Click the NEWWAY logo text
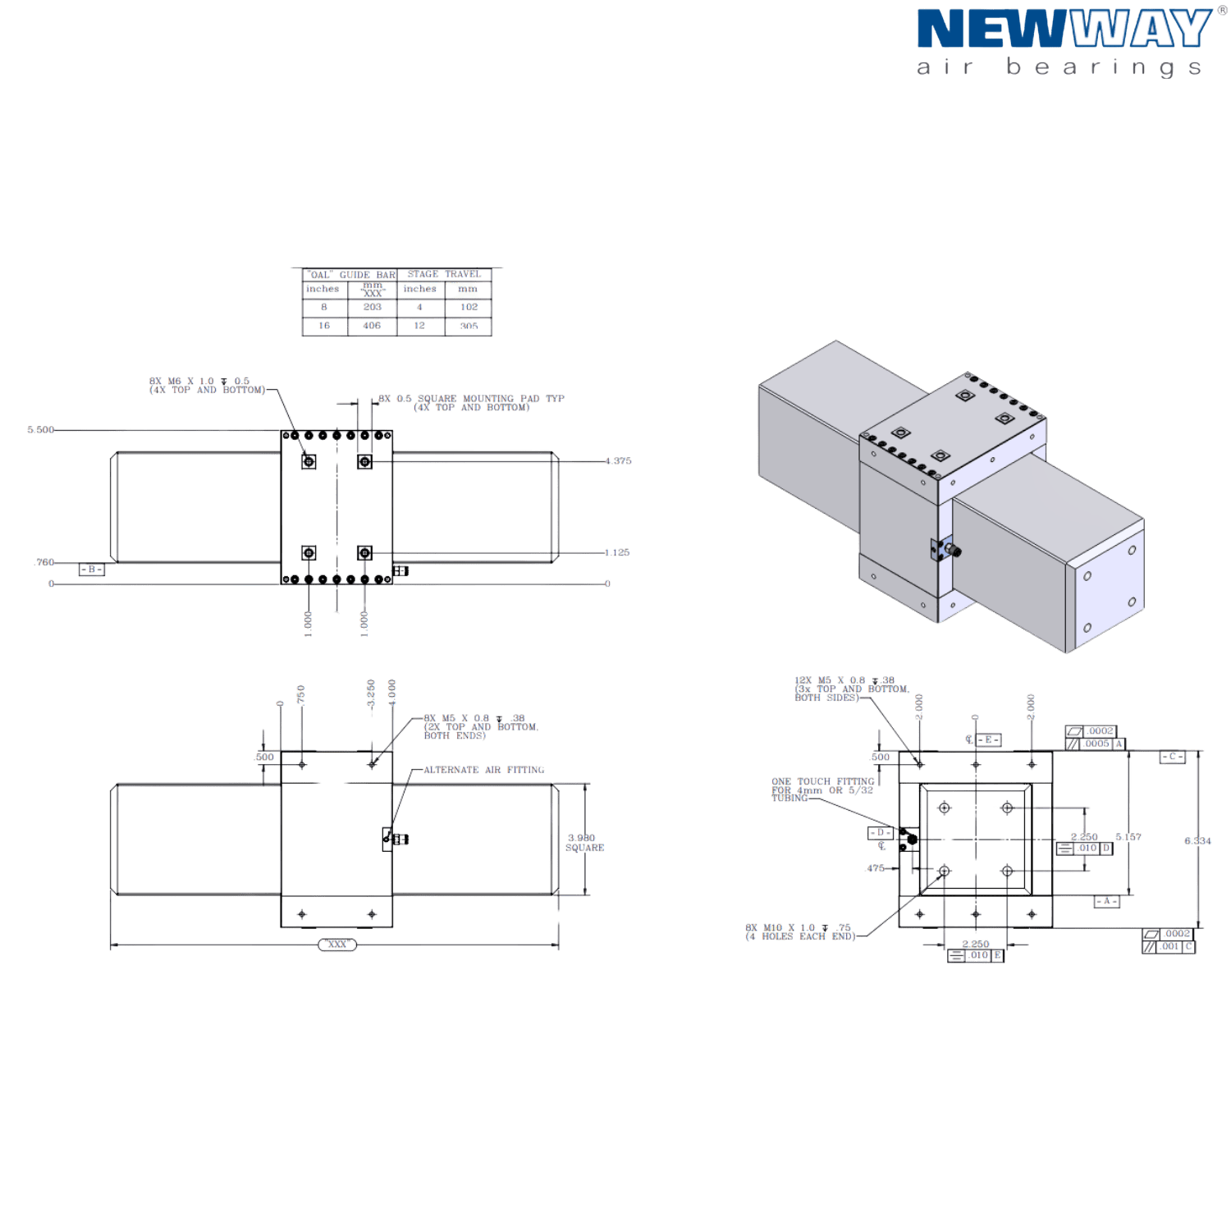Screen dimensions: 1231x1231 pyautogui.click(x=1062, y=30)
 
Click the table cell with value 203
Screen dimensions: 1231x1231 pyautogui.click(x=373, y=307)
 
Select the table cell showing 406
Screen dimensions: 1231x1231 pyautogui.click(x=373, y=326)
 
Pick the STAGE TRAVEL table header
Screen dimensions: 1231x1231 pyautogui.click(x=444, y=274)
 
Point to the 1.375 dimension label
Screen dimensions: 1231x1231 pyautogui.click(x=618, y=461)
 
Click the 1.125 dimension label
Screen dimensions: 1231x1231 pyautogui.click(x=617, y=553)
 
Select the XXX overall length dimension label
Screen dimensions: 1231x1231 pyautogui.click(x=337, y=945)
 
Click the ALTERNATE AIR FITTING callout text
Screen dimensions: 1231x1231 pyautogui.click(x=483, y=771)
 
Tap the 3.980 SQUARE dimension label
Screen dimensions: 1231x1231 pyautogui.click(x=583, y=843)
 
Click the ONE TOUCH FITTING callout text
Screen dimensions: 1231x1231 pyautogui.click(x=821, y=789)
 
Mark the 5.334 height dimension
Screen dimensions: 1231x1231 pyautogui.click(x=1198, y=841)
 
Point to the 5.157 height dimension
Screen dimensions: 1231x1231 pyautogui.click(x=1128, y=838)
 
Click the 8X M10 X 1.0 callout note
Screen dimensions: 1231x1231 pyautogui.click(x=799, y=932)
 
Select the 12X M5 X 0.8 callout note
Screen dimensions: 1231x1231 pyautogui.click(x=850, y=689)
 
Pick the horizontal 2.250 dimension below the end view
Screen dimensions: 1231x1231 pyautogui.click(x=975, y=944)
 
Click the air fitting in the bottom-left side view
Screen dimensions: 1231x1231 pyautogui.click(x=395, y=839)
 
